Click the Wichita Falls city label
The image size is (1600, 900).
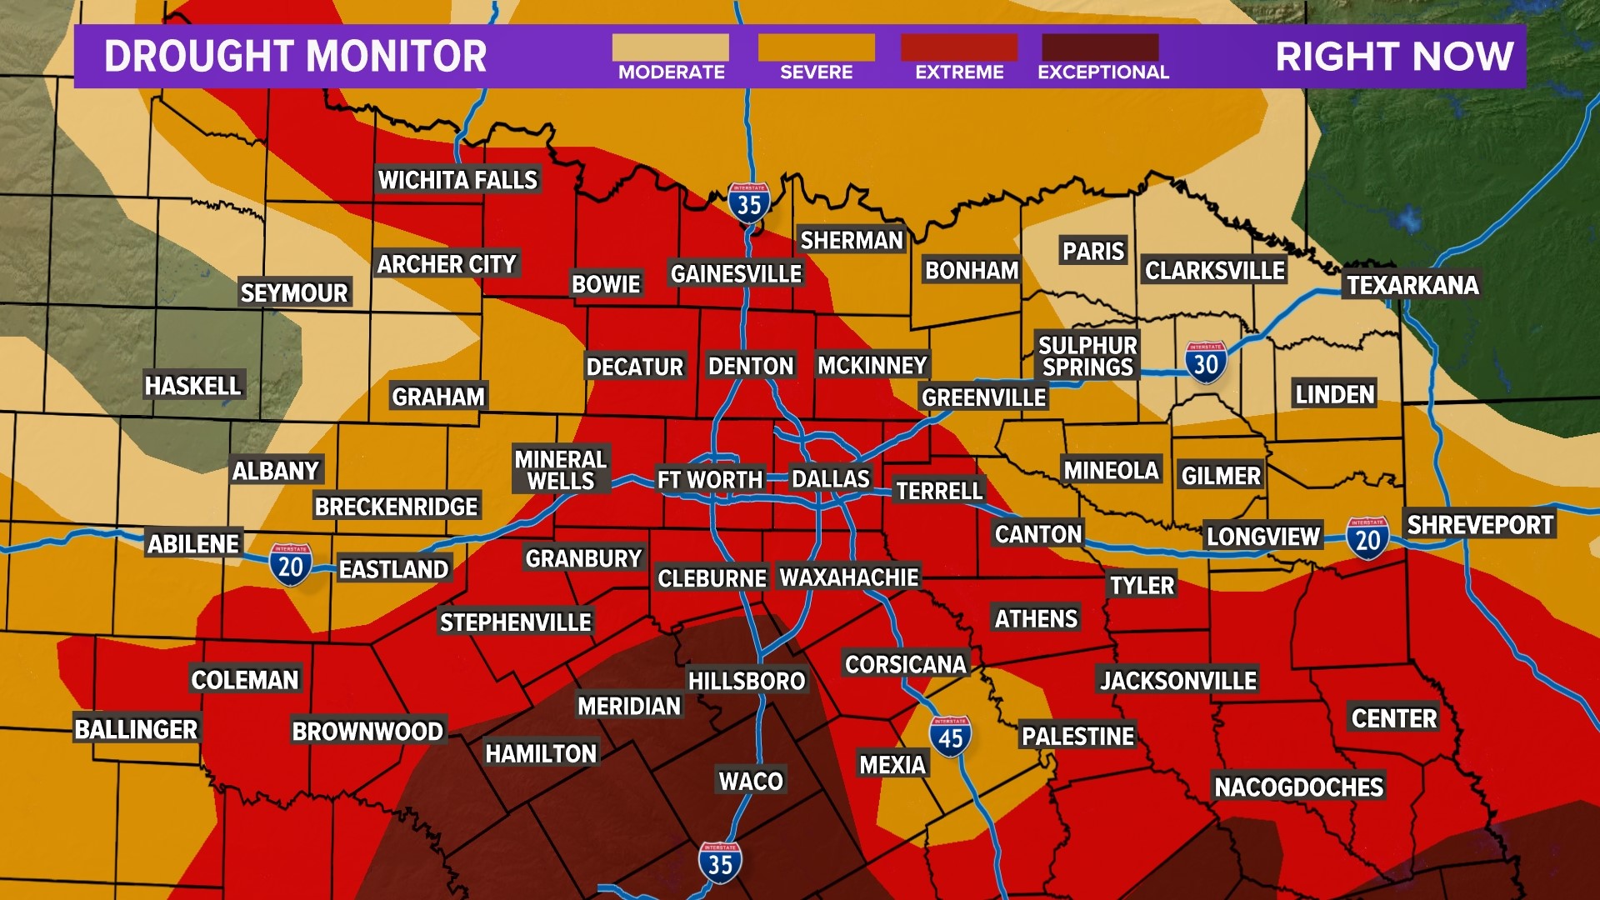point(457,180)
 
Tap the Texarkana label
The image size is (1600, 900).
point(1412,285)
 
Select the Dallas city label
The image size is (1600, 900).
point(830,479)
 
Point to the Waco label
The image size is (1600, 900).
point(751,781)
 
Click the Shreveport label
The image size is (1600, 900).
point(1479,525)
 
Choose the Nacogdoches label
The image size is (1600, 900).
point(1298,787)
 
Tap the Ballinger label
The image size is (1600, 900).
point(136,729)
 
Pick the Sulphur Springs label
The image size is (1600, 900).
point(1087,356)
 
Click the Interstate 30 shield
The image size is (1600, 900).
point(1205,362)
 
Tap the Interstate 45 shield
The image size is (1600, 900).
point(950,737)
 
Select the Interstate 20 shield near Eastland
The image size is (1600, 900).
point(290,565)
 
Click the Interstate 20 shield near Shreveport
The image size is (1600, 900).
point(1367,538)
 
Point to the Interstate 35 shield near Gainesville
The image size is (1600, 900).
point(748,202)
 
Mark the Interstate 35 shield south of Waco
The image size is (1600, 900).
point(720,862)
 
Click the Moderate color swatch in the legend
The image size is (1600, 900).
point(670,47)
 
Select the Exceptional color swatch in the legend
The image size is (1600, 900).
point(1100,47)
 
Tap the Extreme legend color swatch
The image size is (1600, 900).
point(958,47)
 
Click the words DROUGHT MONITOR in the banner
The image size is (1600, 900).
point(295,57)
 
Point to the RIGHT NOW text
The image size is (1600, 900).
point(1394,57)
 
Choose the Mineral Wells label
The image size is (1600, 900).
point(561,470)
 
